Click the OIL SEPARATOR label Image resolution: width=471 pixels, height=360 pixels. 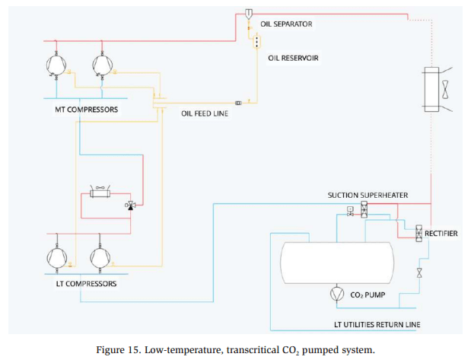pos(286,24)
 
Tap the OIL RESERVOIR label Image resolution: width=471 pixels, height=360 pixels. pos(292,57)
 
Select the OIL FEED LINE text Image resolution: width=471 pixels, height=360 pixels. pos(205,113)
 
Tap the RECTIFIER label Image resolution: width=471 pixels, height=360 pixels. pos(441,233)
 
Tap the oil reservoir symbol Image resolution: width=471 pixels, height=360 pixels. pos(256,40)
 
